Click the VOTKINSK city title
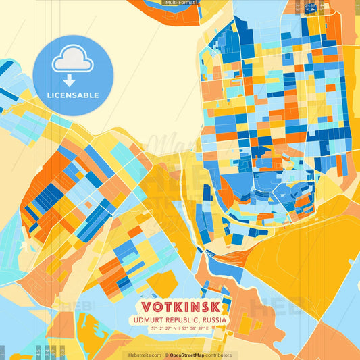pyautogui.click(x=180, y=306)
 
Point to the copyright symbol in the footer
pyautogui.click(x=167, y=355)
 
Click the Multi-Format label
pyautogui.click(x=180, y=3)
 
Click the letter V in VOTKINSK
pyautogui.click(x=144, y=306)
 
